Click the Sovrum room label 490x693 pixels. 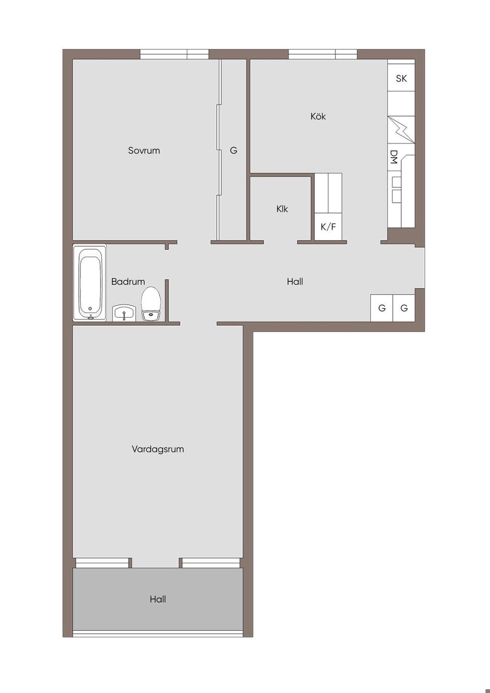[x=144, y=151]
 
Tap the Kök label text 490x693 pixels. [x=318, y=116]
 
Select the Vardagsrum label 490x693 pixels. [x=158, y=449]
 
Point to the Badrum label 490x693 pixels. [x=128, y=281]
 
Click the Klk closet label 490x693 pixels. [x=282, y=209]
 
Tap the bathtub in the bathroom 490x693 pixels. [x=89, y=283]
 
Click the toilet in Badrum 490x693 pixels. [x=151, y=303]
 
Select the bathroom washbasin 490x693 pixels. [x=124, y=313]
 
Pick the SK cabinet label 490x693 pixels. [x=401, y=78]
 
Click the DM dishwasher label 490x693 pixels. [x=393, y=157]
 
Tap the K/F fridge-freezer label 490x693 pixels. [x=328, y=227]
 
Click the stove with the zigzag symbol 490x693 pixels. [x=401, y=130]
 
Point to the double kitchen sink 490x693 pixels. [x=396, y=190]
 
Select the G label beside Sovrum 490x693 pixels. [x=234, y=150]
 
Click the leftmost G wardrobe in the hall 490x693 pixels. [x=382, y=308]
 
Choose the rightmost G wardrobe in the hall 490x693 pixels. [x=404, y=308]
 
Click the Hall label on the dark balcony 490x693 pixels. [x=158, y=599]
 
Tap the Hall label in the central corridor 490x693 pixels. [x=295, y=281]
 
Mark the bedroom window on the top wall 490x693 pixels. [x=175, y=54]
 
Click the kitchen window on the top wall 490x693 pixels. [x=323, y=54]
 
